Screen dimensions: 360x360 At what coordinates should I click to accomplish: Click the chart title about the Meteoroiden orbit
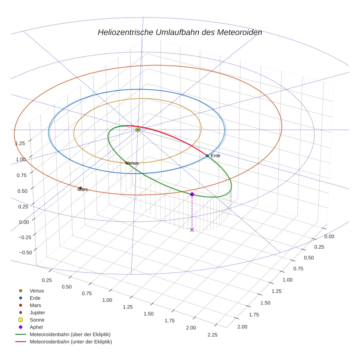(180, 32)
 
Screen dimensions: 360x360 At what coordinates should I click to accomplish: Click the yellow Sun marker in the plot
(138, 130)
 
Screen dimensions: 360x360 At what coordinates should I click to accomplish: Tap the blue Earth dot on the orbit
(207, 156)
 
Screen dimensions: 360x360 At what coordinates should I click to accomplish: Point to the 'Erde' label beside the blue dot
(215, 156)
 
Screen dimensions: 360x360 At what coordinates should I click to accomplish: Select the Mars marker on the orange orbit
(80, 188)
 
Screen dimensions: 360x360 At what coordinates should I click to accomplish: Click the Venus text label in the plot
(132, 163)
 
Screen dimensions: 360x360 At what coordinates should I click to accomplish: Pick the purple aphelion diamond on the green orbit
(192, 194)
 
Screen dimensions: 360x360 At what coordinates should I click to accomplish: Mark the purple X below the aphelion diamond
(192, 230)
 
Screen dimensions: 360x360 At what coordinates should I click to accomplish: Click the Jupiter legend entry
(37, 312)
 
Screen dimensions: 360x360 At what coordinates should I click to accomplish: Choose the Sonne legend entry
(37, 320)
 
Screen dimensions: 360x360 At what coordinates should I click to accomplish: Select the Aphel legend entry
(36, 327)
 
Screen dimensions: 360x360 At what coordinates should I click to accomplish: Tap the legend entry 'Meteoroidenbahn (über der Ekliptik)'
(70, 334)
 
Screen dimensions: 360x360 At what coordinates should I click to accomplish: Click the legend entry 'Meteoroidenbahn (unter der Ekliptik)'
(71, 342)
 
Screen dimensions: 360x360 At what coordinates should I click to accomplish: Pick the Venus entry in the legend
(37, 290)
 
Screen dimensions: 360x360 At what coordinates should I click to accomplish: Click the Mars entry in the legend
(35, 305)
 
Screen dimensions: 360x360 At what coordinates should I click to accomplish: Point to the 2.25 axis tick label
(212, 335)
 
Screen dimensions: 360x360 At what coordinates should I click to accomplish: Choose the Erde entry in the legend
(35, 298)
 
